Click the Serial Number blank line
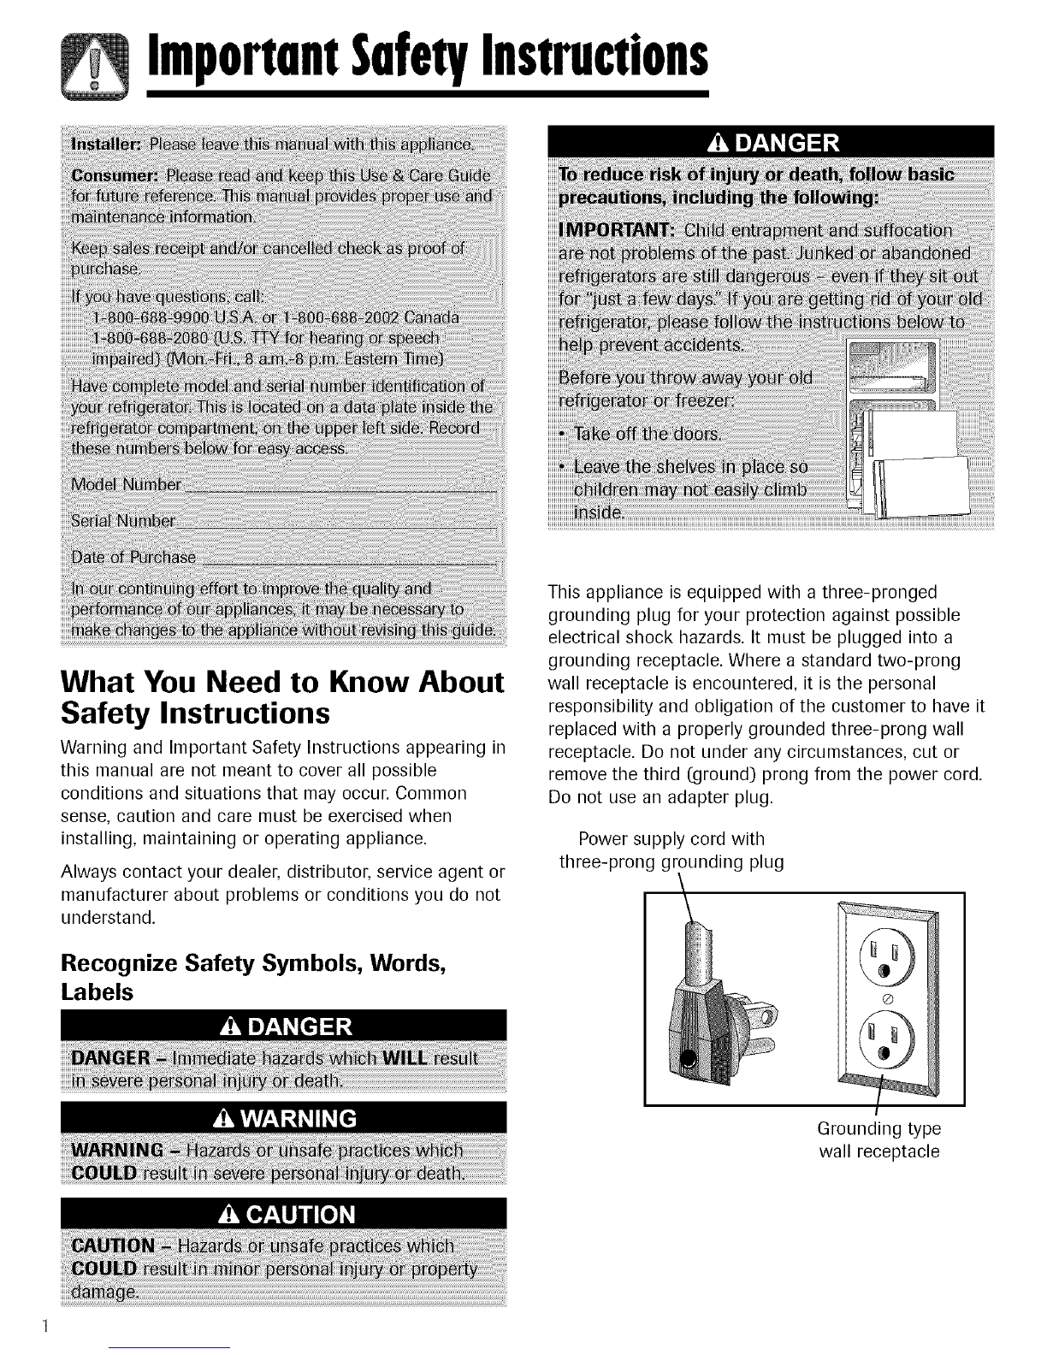(337, 524)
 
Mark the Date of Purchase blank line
(351, 560)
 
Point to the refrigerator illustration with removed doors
(905, 428)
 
